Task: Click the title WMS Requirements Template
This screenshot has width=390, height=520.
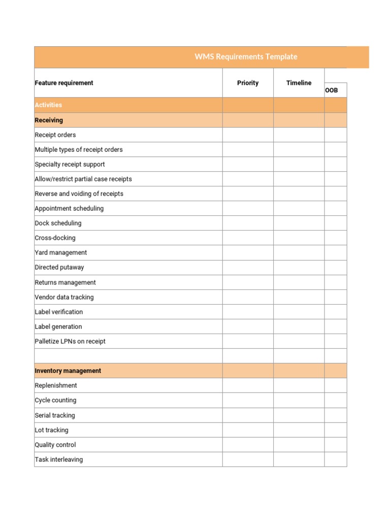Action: tap(246, 57)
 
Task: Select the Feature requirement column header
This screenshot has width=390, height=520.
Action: tap(64, 83)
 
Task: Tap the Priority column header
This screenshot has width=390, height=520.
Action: tap(248, 83)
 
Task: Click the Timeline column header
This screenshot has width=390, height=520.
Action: tap(299, 83)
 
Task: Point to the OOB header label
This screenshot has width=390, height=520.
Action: tap(332, 90)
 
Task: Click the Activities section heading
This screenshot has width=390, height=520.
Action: tap(48, 105)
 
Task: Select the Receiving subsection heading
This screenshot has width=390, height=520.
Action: tap(49, 120)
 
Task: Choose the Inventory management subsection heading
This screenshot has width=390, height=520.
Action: tap(68, 371)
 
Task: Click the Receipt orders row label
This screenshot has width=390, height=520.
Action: tap(55, 135)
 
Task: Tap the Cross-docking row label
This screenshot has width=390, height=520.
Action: tap(55, 238)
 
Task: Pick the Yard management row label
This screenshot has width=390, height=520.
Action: tap(60, 252)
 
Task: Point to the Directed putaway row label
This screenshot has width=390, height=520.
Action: tap(59, 267)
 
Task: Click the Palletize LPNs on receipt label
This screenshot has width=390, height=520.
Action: tap(70, 341)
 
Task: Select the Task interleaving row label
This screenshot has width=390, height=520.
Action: tap(58, 460)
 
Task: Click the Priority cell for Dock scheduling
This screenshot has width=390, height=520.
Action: tap(248, 223)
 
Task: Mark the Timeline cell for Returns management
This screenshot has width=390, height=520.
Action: tap(299, 282)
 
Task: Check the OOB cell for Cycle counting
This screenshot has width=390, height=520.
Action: tap(335, 400)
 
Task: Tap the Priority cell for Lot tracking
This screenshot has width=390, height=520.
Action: tap(248, 430)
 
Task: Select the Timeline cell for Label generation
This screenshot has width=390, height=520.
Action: tap(299, 327)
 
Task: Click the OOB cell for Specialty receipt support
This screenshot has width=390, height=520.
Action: tap(335, 164)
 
